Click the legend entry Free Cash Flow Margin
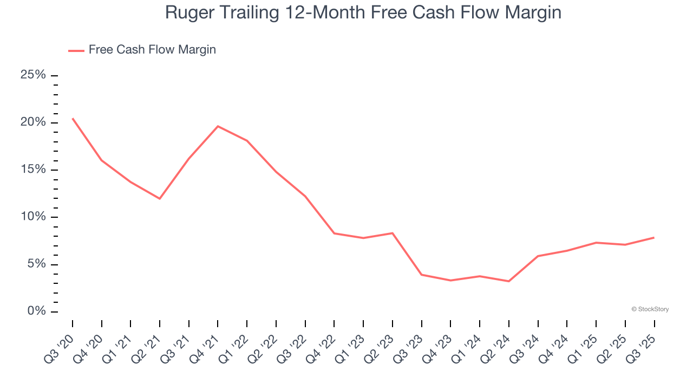coord(152,50)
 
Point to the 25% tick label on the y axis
coord(32,75)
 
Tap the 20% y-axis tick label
coord(32,122)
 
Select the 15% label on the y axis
coord(32,170)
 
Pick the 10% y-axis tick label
coord(32,217)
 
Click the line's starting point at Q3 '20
coord(73,118)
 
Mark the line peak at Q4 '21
coord(218,126)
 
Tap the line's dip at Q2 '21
coord(160,199)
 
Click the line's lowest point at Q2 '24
coord(508,281)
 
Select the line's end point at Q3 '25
coord(654,237)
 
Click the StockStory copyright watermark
coord(650,309)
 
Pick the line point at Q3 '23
coord(421,275)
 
